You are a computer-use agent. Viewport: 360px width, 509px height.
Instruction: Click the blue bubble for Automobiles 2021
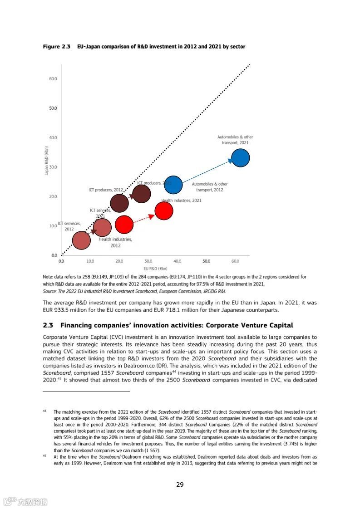[x=240, y=158]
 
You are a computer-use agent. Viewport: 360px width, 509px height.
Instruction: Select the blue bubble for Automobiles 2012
[x=173, y=185]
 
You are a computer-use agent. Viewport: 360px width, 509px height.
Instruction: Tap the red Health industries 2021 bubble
[x=164, y=210]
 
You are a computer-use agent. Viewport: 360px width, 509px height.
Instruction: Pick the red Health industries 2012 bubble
[x=124, y=224]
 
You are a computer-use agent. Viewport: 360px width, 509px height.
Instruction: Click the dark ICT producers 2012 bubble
[x=119, y=203]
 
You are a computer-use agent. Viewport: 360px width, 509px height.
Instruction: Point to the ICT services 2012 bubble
[x=81, y=240]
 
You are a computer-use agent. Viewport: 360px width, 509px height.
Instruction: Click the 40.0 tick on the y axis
[x=53, y=137]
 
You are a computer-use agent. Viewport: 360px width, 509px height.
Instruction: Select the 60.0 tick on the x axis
[x=235, y=261]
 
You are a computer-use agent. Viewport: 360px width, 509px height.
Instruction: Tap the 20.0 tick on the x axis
[x=119, y=261]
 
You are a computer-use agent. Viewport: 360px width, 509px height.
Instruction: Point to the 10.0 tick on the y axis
[x=53, y=226]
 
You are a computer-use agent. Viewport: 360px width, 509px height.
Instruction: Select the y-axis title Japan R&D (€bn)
[x=46, y=161]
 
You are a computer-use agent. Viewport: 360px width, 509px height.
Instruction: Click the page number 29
[x=180, y=485]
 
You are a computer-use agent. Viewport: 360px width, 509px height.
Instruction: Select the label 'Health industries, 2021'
[x=181, y=200]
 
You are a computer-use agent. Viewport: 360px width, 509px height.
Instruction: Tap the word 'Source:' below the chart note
[x=50, y=291]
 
